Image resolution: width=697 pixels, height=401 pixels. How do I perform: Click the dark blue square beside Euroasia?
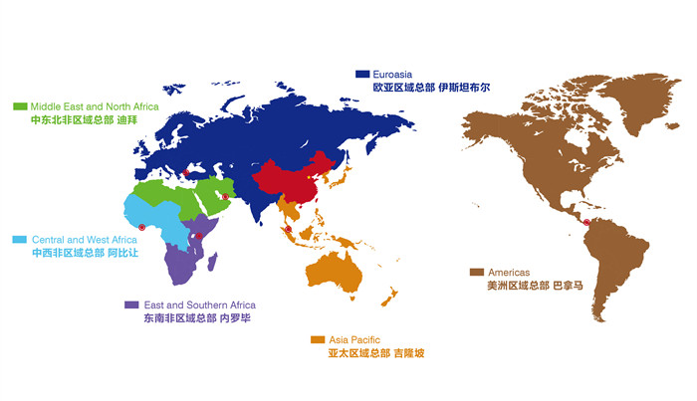pyautogui.click(x=363, y=74)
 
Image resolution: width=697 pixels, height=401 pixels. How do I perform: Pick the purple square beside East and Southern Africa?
pyautogui.click(x=130, y=304)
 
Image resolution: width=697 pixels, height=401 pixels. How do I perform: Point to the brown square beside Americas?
pyautogui.click(x=477, y=272)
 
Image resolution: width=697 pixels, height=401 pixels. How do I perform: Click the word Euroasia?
pyautogui.click(x=395, y=74)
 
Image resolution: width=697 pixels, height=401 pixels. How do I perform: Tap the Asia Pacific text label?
pyautogui.click(x=353, y=339)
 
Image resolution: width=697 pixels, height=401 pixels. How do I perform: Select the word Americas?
pyautogui.click(x=508, y=272)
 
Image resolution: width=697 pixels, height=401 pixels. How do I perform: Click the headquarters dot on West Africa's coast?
pyautogui.click(x=142, y=228)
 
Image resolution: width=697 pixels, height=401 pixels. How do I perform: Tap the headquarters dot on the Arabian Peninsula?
pyautogui.click(x=226, y=197)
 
